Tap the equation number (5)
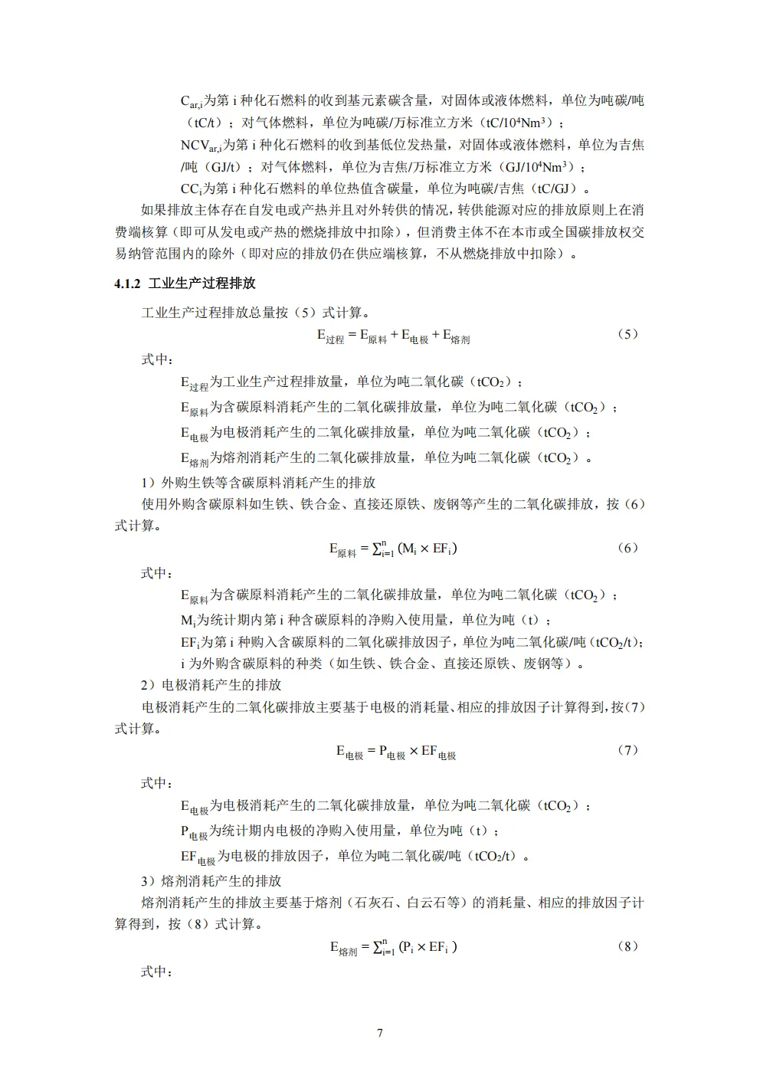point(627,334)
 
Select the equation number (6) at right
point(627,548)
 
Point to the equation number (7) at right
point(627,750)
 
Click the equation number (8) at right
point(627,946)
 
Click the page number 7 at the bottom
point(380,1033)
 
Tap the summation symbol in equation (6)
point(378,549)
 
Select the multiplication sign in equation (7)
point(414,751)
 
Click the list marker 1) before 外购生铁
point(148,483)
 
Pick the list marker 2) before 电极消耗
point(148,685)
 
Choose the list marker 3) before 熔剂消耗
point(148,881)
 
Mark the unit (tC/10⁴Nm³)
point(514,123)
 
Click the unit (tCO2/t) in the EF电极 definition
point(495,856)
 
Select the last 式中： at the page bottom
point(157,972)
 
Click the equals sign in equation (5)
point(352,335)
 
